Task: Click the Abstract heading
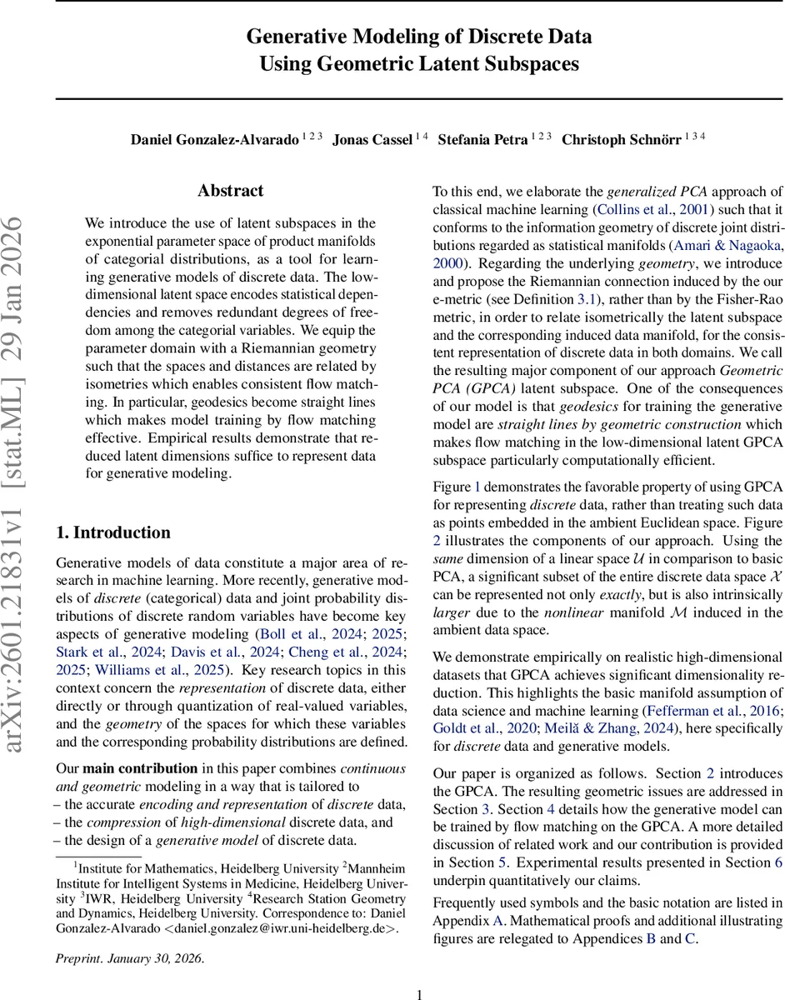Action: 230,191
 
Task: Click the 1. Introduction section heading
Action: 112,532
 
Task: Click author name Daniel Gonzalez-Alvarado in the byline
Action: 214,139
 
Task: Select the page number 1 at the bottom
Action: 420,993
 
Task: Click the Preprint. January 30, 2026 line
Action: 129,957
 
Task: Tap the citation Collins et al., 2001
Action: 657,209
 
